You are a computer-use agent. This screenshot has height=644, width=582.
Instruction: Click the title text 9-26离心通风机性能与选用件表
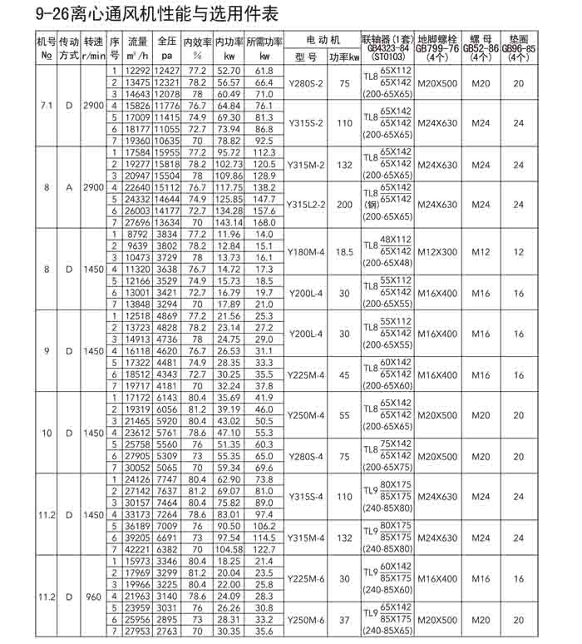point(141,14)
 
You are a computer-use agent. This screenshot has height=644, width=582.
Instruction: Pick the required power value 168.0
point(264,222)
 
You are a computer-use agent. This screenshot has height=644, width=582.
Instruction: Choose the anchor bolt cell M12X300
point(436,251)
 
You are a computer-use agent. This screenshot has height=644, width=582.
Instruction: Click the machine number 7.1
point(47,106)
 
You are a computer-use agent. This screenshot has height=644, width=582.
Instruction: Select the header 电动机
point(323,40)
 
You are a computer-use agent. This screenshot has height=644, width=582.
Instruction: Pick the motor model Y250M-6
point(306,620)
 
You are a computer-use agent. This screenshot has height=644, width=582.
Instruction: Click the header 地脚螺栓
point(436,39)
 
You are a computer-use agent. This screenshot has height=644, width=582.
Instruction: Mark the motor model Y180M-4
point(306,251)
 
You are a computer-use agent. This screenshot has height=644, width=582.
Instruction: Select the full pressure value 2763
point(167,632)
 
